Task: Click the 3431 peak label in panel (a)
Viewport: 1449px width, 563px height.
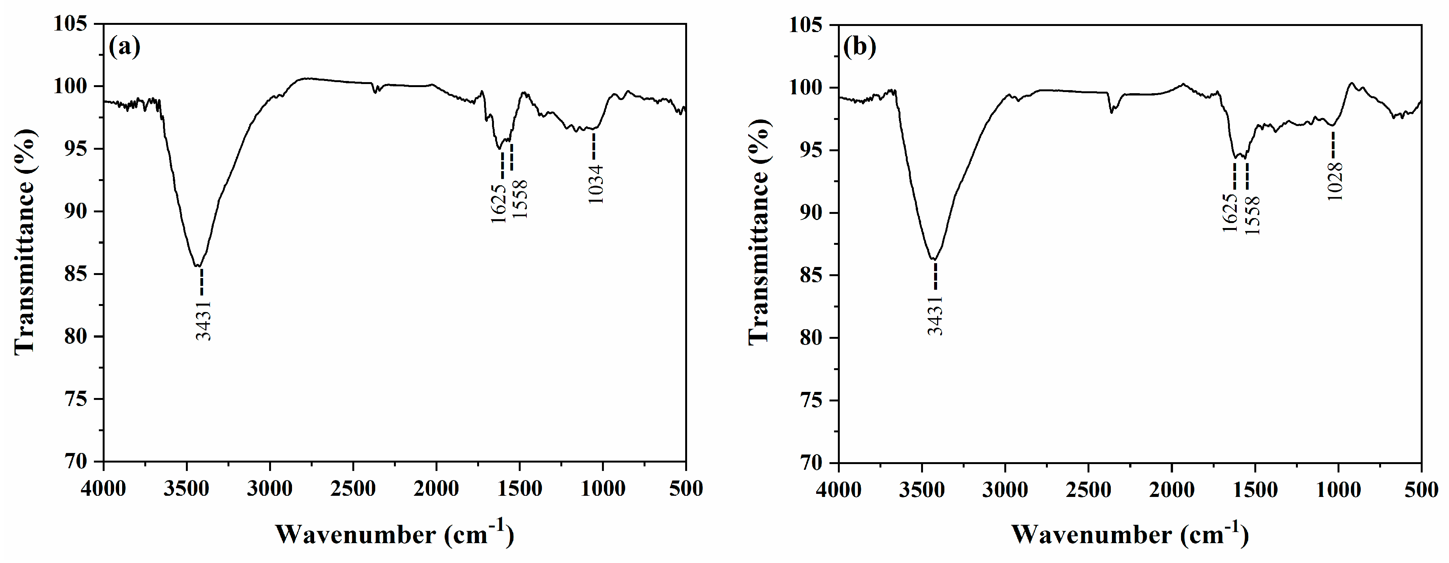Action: point(203,320)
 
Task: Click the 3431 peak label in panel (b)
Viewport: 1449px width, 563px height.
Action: point(936,315)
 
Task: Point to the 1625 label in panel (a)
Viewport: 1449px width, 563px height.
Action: point(499,203)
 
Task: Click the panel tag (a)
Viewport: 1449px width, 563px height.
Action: point(124,47)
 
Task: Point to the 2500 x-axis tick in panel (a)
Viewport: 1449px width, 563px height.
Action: point(353,488)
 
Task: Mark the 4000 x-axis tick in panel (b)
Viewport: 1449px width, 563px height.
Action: point(839,490)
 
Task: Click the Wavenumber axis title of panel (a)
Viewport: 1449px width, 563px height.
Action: point(394,534)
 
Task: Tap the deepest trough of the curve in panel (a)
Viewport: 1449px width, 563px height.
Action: point(198,266)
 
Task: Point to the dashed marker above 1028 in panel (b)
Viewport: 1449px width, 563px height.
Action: point(1333,145)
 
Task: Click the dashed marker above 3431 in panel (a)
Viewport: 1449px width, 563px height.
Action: point(202,281)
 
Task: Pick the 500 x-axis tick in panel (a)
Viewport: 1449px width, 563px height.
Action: point(686,488)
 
